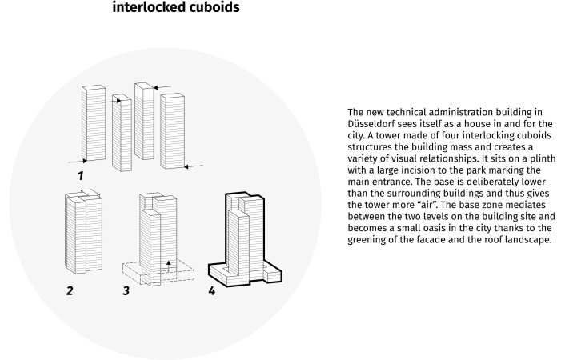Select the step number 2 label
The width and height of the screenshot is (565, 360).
70,290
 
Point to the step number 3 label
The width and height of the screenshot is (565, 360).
126,290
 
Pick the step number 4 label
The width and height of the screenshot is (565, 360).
211,290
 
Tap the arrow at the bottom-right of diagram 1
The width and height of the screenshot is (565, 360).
194,166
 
